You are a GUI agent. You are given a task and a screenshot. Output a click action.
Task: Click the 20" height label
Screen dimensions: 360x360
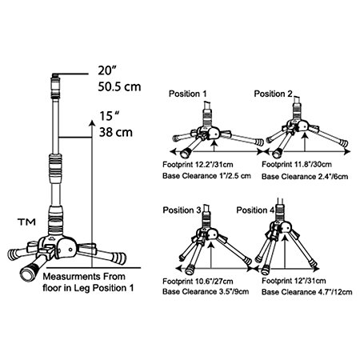tap(107, 70)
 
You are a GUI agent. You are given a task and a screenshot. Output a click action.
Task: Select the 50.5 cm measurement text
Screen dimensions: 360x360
tap(119, 86)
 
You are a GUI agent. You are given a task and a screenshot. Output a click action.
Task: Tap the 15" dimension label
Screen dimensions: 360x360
tap(110, 116)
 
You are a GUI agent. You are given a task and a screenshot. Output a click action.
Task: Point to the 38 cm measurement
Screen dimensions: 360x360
tap(116, 132)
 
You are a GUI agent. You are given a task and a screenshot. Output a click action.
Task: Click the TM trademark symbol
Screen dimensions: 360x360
tap(26, 222)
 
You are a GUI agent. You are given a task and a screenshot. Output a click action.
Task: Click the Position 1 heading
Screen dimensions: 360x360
tap(188, 94)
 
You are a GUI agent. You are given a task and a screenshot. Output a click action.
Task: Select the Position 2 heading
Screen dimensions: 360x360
tap(273, 94)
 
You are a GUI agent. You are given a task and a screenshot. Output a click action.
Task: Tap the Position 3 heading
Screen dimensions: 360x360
tap(182, 210)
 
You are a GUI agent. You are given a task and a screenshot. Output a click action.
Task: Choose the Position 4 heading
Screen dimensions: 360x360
tap(255, 210)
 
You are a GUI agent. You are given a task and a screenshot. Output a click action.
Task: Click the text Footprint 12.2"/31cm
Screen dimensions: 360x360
tap(198, 165)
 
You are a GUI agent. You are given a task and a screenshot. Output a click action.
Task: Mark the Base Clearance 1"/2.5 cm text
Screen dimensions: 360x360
tap(206, 176)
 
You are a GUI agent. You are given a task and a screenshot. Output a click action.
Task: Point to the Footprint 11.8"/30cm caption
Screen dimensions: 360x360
tap(297, 164)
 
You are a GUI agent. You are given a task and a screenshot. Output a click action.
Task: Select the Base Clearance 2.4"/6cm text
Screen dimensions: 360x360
tap(305, 177)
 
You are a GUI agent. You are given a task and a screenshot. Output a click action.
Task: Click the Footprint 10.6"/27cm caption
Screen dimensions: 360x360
tap(198, 282)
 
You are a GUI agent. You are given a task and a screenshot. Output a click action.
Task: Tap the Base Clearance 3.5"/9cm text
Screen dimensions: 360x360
tap(206, 291)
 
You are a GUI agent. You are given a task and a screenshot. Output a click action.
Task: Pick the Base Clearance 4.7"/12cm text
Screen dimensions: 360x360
tap(307, 292)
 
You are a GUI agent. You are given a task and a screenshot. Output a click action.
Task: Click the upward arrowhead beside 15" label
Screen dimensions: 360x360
tap(92, 123)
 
